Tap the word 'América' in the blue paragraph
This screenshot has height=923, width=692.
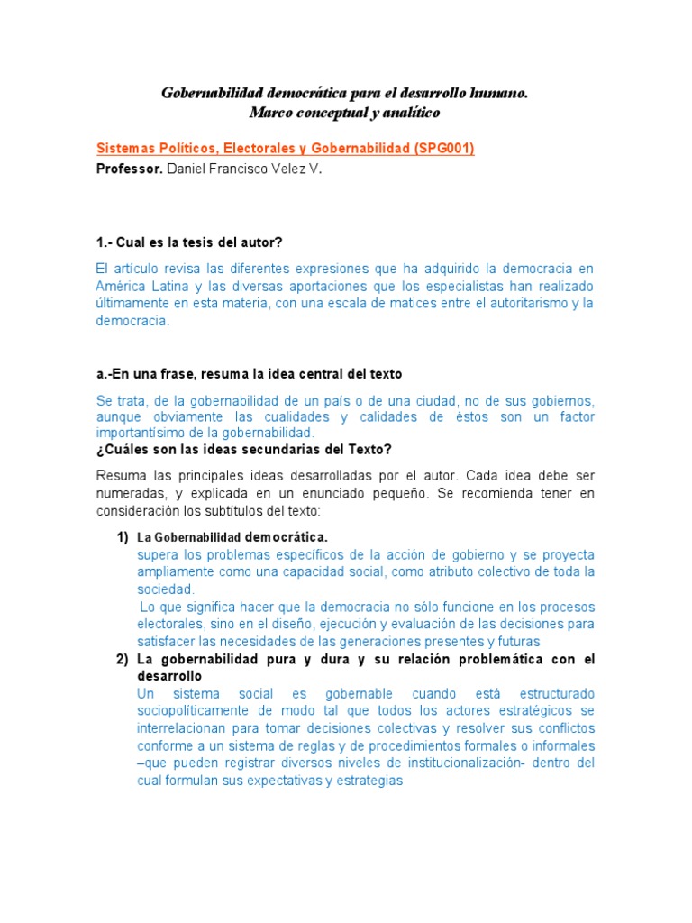click(122, 286)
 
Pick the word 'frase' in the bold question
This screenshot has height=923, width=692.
click(173, 373)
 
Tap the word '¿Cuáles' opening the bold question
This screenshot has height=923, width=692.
click(122, 450)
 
